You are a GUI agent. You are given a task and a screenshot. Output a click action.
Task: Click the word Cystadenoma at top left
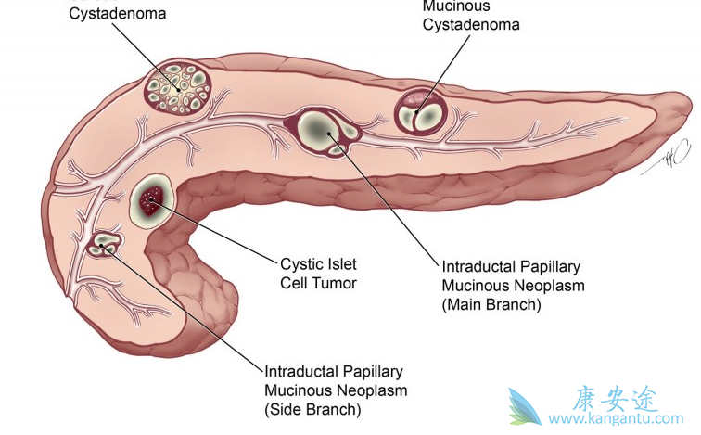109,14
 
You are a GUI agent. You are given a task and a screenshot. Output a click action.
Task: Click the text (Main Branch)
491,303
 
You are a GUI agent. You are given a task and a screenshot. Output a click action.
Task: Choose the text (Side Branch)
312,408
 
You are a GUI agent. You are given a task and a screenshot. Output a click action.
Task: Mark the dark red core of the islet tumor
150,198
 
